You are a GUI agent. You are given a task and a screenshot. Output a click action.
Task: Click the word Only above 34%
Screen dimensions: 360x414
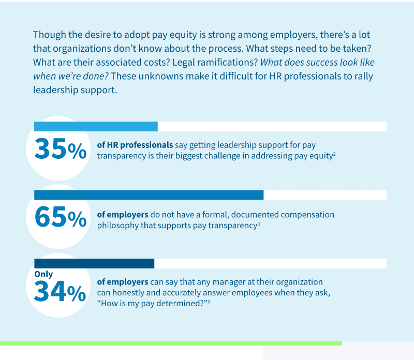(43, 274)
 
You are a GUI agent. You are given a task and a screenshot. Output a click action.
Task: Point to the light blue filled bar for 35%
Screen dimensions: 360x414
(96, 127)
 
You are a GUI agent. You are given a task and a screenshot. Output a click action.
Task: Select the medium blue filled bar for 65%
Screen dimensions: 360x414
(149, 195)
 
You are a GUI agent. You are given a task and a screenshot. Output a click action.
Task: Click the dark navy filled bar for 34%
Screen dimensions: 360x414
(94, 263)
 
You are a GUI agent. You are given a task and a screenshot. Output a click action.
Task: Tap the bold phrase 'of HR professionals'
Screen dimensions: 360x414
(135, 145)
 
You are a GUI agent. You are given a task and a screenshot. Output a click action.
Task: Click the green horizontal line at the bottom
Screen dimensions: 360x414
(171, 343)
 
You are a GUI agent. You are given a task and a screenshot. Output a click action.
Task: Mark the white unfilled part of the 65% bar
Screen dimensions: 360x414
(325, 195)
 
